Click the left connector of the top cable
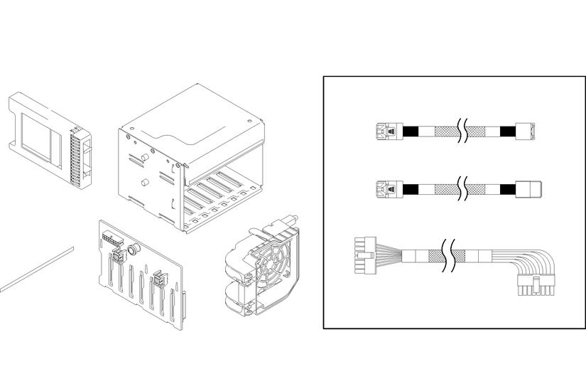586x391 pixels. point(386,132)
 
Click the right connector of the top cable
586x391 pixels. point(531,132)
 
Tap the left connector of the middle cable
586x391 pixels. point(386,189)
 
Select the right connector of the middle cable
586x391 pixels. point(531,189)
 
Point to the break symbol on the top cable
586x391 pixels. point(462,132)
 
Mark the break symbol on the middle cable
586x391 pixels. point(462,189)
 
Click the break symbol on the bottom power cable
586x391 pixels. point(448,257)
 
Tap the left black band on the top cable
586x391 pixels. point(411,132)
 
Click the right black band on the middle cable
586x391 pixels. point(507,189)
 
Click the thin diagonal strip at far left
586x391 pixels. point(36,269)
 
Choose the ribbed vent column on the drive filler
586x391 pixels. point(76,157)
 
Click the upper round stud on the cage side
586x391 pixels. point(144,157)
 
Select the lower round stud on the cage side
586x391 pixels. point(144,183)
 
